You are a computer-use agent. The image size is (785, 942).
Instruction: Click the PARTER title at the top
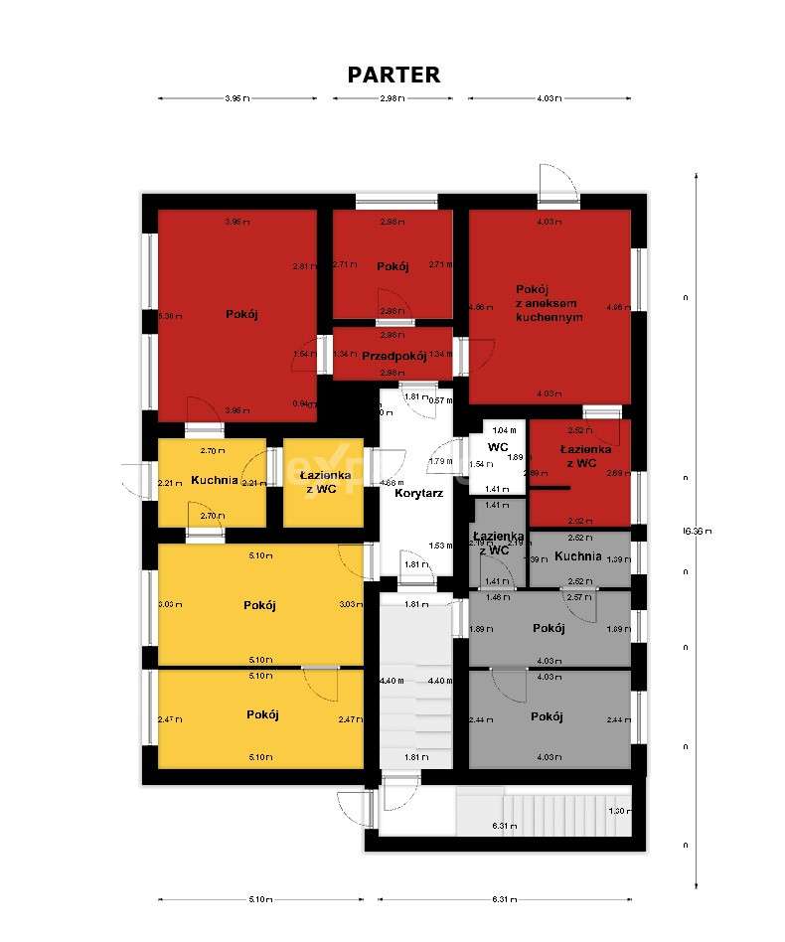pos(393,75)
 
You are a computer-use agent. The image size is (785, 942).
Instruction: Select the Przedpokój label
pos(393,356)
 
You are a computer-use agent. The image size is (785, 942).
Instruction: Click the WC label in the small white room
pos(498,447)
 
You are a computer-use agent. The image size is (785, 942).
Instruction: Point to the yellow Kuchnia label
pos(214,480)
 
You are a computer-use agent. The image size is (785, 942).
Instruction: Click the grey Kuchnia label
pos(578,556)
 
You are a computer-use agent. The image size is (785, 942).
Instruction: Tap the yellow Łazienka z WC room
pos(323,481)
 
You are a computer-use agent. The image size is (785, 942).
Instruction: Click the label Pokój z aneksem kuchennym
pos(549,302)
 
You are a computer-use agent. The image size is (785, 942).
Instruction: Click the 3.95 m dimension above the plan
pos(236,98)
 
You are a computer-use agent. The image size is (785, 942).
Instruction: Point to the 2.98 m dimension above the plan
pos(392,98)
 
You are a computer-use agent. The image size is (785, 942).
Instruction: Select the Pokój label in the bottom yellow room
pos(262,714)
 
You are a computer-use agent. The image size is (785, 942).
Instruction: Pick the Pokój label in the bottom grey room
pos(548,716)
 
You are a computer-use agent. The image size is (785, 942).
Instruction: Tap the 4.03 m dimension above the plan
pos(549,98)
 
